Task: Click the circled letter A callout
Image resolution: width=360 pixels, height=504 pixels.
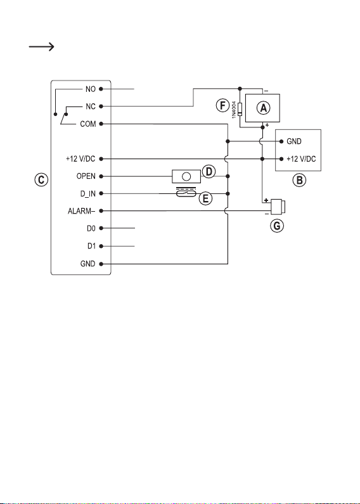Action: (263, 108)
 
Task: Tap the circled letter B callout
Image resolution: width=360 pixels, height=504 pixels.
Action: (299, 180)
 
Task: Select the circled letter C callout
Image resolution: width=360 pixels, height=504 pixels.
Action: (41, 179)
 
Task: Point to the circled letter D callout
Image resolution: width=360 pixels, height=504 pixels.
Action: (209, 171)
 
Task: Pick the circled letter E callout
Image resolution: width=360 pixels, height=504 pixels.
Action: (206, 198)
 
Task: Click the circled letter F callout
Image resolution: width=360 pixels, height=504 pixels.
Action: (222, 105)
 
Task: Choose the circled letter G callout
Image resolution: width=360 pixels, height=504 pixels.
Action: (277, 226)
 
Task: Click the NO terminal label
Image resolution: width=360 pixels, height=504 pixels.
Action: (91, 89)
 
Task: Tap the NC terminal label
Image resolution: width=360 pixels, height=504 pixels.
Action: (91, 107)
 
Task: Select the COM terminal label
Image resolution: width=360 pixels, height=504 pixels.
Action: (87, 124)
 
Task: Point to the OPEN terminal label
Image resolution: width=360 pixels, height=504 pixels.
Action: (86, 176)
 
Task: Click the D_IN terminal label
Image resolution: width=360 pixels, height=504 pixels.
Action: (87, 194)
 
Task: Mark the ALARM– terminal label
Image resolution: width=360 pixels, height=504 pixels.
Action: (82, 211)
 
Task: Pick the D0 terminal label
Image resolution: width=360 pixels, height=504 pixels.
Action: (91, 228)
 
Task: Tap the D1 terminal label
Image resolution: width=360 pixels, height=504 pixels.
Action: (92, 246)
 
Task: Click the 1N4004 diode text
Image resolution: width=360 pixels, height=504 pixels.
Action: (234, 109)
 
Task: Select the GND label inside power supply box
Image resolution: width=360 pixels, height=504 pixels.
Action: (294, 141)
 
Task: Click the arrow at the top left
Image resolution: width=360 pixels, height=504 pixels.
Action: (41, 47)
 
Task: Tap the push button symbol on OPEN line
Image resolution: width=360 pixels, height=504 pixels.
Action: (186, 176)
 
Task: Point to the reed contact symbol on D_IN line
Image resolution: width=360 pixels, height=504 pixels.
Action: (186, 193)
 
